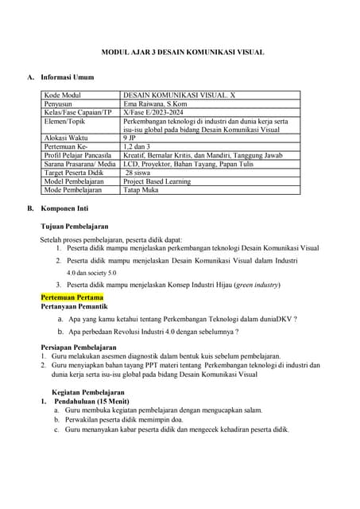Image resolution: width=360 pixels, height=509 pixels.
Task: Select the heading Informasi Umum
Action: coord(68,77)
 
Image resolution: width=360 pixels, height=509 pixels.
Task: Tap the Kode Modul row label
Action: coord(63,95)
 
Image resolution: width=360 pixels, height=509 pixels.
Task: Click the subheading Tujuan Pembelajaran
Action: coord(78,227)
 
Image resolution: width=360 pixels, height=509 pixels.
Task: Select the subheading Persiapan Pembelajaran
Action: coord(78,348)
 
